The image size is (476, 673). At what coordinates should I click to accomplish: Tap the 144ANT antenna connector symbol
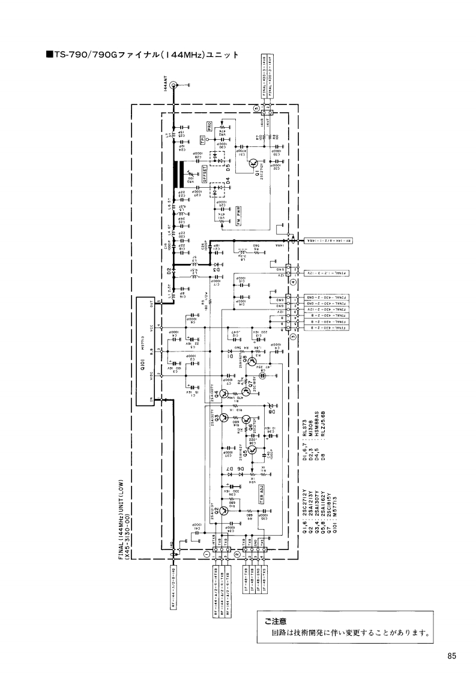173,86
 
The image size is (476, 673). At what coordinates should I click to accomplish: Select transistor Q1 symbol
254,163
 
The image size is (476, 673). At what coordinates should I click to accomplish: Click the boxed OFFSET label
205,174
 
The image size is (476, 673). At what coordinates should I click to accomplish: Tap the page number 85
451,656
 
